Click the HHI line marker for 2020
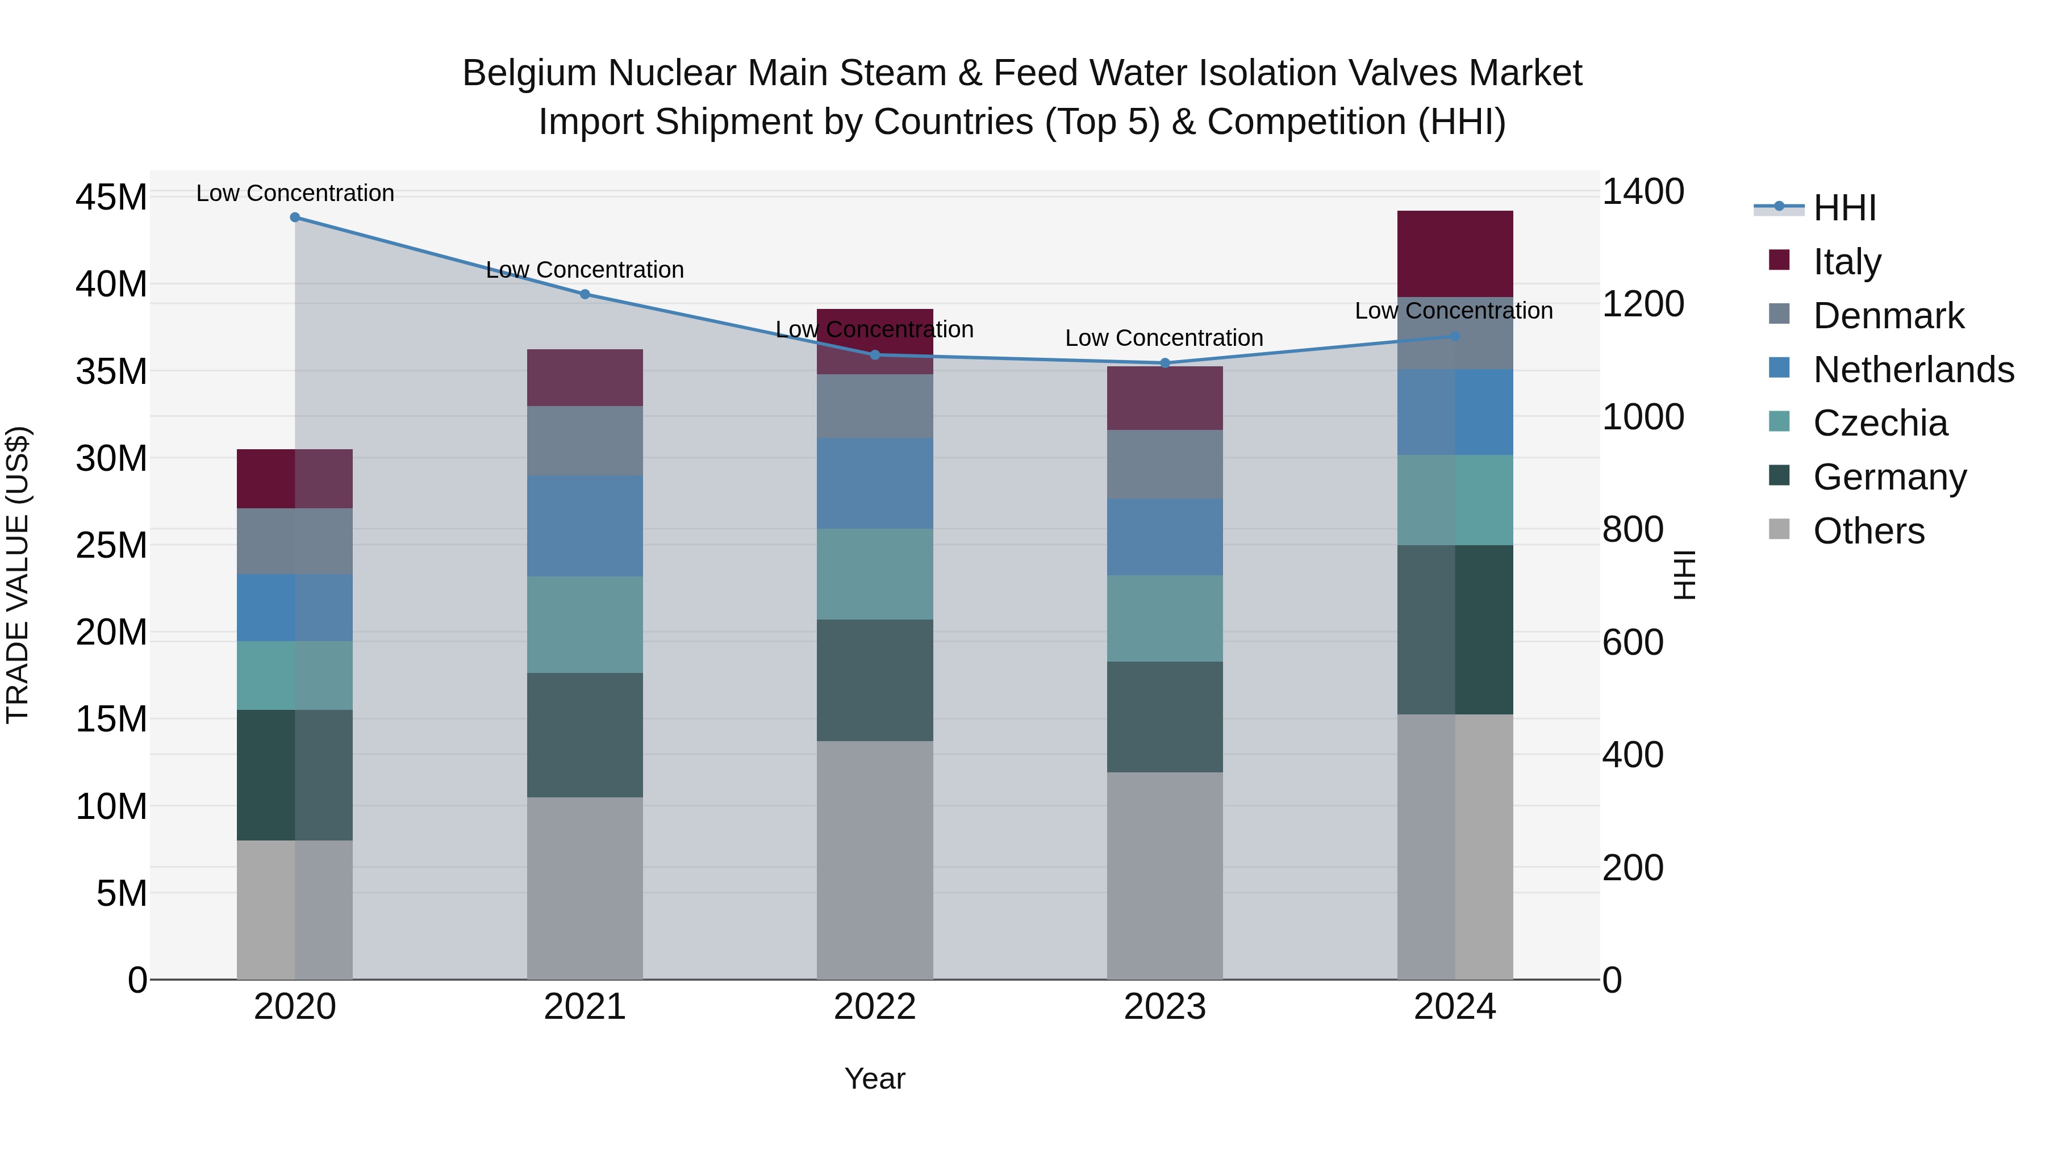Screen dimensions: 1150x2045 point(294,218)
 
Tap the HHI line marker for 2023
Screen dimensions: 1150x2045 point(1165,363)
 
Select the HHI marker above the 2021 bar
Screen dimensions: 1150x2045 point(585,294)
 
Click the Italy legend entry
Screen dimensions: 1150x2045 point(1847,261)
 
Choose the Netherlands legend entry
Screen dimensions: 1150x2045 point(1913,369)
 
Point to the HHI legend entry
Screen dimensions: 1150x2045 point(1844,208)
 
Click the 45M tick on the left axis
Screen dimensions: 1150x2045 point(111,197)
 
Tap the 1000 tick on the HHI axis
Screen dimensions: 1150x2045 point(1642,417)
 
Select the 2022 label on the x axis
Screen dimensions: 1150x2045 point(875,1007)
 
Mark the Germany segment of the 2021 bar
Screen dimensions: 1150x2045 point(585,735)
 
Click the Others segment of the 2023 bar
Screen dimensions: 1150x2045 point(1165,875)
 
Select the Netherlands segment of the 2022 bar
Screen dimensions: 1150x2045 point(875,483)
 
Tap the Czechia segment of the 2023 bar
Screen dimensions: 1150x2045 point(1165,618)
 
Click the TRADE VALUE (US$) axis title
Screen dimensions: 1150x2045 point(18,575)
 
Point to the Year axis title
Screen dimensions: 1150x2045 point(875,1078)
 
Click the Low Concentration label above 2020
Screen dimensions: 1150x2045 point(294,193)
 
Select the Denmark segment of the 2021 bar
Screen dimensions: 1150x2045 point(585,441)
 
